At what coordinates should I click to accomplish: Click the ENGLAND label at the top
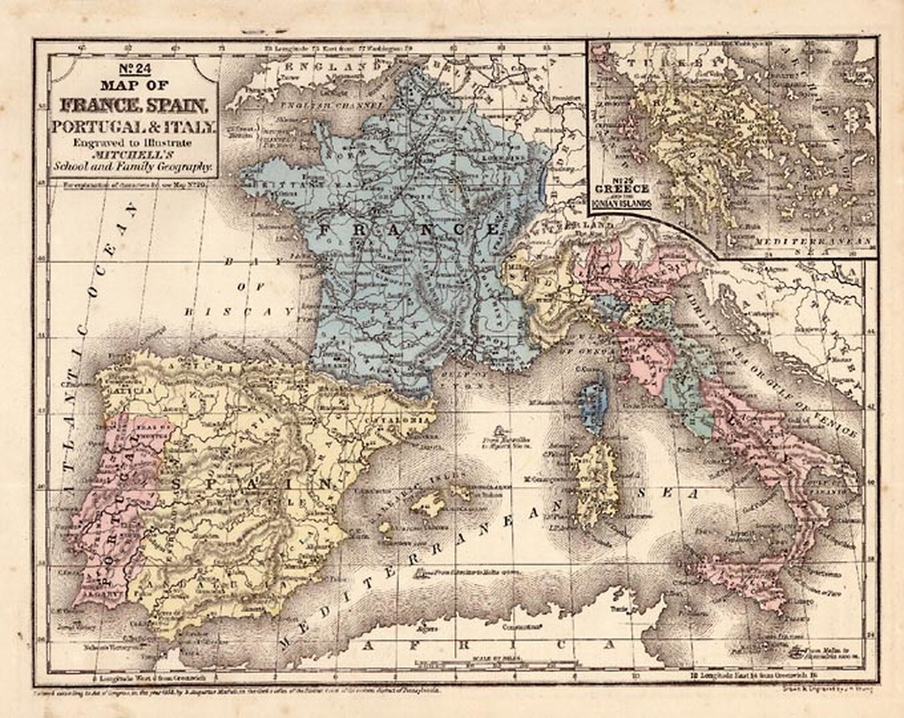[x=327, y=67]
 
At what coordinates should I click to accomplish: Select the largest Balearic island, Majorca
[x=429, y=505]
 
